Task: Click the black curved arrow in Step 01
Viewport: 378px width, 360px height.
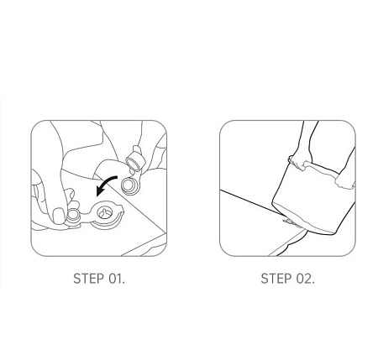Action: pos(106,184)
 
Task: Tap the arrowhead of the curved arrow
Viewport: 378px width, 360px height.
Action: pos(100,191)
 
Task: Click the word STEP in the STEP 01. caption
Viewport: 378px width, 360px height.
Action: pos(88,279)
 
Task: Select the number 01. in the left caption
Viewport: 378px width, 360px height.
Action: pos(117,279)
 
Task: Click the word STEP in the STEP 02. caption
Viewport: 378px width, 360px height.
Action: pos(276,279)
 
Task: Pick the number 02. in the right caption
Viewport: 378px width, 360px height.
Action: pos(306,279)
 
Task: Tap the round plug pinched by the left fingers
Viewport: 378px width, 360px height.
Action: pos(74,217)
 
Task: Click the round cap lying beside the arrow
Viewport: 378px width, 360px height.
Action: pos(129,185)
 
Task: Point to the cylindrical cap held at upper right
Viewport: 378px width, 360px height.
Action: pos(135,160)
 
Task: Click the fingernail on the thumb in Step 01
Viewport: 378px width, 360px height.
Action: pos(59,216)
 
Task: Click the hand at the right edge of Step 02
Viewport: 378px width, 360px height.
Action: pos(345,180)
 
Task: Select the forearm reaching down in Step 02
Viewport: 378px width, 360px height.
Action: pos(307,138)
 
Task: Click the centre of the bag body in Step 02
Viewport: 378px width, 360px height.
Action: pos(311,199)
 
